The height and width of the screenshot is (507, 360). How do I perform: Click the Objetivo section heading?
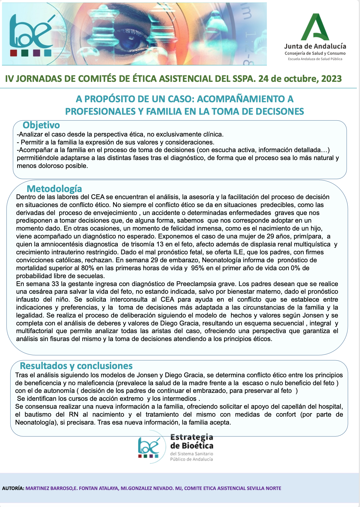(x=41, y=125)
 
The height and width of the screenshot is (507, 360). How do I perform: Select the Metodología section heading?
(x=54, y=189)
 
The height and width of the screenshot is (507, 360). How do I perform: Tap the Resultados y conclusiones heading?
(x=76, y=366)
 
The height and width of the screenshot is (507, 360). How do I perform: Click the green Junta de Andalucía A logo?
(x=315, y=27)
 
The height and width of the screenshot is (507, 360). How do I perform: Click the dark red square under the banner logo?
(x=14, y=53)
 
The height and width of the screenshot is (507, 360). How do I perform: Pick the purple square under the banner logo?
(x=37, y=53)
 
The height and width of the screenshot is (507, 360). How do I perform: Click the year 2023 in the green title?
(x=331, y=78)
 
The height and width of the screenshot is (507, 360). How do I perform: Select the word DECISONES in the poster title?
(x=280, y=111)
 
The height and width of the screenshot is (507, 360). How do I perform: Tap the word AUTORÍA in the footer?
(x=13, y=488)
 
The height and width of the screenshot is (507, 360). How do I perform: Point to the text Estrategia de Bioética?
(x=192, y=442)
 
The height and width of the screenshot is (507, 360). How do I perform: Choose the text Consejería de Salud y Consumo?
(x=315, y=53)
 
